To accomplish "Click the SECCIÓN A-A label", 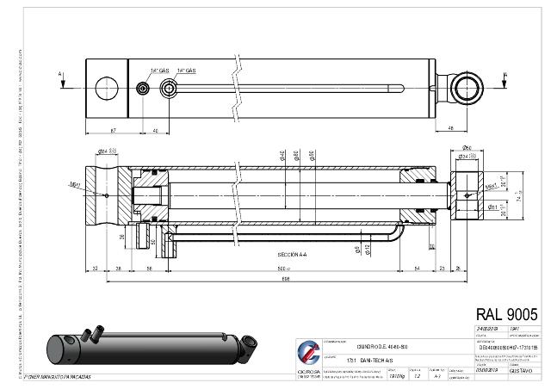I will click(x=291, y=256).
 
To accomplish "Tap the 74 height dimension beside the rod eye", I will click(x=494, y=197).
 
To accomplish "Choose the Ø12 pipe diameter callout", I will click(x=368, y=249).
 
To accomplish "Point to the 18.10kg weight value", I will click(x=396, y=376).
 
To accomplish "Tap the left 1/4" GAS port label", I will click(x=158, y=70).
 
